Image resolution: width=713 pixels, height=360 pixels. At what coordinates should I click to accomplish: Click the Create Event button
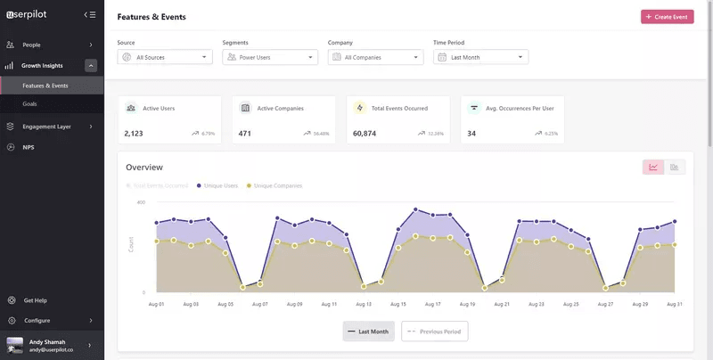667,17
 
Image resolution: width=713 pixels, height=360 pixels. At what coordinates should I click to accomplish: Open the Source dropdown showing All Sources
165,57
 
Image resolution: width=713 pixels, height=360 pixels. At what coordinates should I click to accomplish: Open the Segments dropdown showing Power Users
270,57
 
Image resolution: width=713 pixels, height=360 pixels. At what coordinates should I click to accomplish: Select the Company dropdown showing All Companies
375,57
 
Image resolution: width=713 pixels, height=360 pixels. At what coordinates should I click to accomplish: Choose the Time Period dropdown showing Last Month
480,57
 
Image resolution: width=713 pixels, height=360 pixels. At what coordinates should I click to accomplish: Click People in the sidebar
32,45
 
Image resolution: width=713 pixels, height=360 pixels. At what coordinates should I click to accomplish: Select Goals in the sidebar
30,104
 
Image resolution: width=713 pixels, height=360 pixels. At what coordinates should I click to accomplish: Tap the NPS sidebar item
29,147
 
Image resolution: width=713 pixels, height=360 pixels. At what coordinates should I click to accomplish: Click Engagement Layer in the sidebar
46,127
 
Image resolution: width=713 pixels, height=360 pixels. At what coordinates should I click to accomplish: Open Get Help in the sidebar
36,300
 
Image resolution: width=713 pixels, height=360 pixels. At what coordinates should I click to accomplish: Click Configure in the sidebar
37,320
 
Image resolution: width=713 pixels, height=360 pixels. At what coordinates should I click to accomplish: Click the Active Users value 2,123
134,134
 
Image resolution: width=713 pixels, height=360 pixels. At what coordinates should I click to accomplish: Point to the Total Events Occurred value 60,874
365,134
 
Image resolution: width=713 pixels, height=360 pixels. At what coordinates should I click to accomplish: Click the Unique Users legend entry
220,185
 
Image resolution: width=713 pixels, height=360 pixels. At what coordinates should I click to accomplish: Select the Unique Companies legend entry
277,185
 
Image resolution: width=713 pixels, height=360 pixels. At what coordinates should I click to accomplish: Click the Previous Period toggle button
435,331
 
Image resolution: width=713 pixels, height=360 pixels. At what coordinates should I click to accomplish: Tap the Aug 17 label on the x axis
432,304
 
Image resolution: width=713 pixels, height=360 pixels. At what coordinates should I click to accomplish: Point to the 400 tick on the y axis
141,202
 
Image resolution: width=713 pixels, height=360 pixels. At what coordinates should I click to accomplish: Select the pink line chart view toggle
653,167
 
